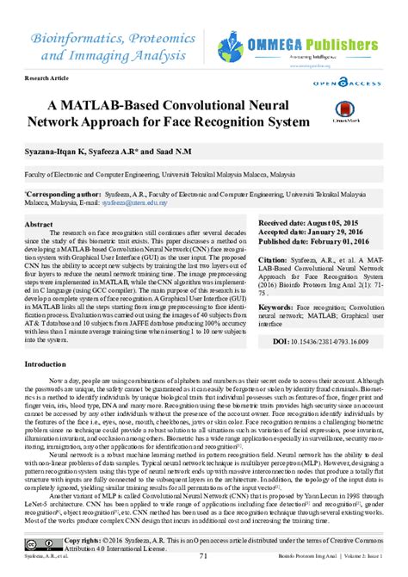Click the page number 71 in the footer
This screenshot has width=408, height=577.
pyautogui.click(x=203, y=568)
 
